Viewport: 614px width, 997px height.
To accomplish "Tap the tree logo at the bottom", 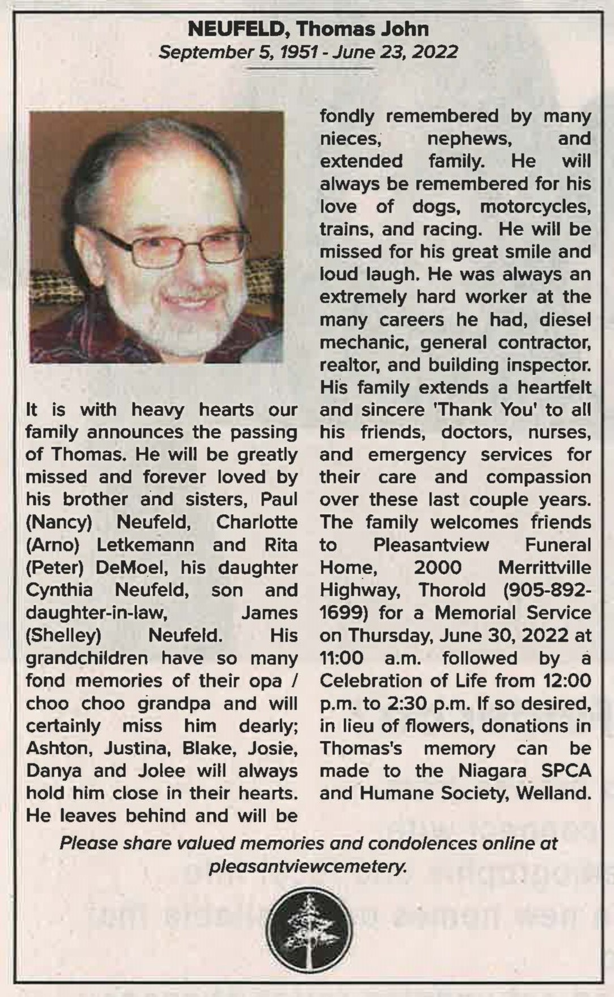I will click(309, 931).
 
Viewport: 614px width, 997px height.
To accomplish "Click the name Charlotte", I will click(256, 522).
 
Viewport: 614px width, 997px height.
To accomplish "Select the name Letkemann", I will click(145, 545).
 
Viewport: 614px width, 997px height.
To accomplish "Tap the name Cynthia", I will click(59, 590).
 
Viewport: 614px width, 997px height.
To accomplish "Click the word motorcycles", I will click(535, 206).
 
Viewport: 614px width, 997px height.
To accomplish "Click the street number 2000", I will click(437, 567).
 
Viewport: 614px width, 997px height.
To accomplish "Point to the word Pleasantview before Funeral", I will click(431, 545).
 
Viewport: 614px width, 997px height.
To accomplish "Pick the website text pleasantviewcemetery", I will click(308, 867).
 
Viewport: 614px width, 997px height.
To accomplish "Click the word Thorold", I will click(452, 590).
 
